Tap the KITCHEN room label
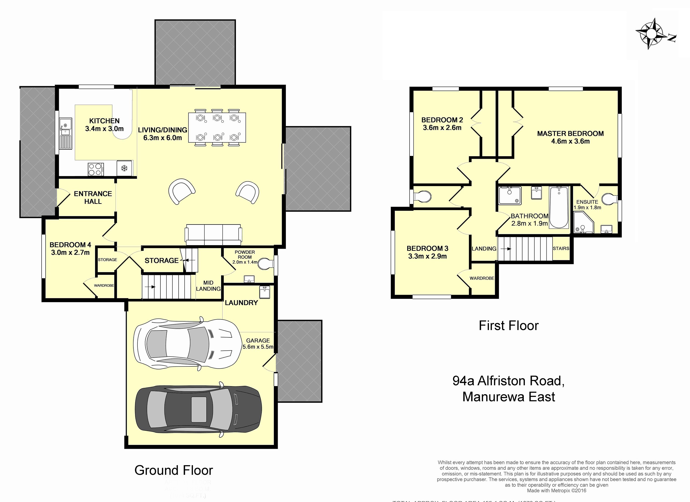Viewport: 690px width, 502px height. pyautogui.click(x=104, y=121)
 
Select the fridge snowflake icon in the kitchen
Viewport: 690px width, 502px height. pyautogui.click(x=124, y=168)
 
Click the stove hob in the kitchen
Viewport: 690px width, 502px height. pyautogui.click(x=95, y=169)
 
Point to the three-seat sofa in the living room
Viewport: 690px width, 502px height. pyautogui.click(x=214, y=235)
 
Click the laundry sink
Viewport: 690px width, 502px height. pyautogui.click(x=264, y=292)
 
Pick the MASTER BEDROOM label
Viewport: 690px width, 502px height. pyautogui.click(x=570, y=134)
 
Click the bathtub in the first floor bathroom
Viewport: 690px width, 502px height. pyautogui.click(x=559, y=207)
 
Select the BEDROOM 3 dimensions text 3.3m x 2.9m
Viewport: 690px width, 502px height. pyautogui.click(x=427, y=256)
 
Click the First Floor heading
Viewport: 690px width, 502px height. pyautogui.click(x=508, y=326)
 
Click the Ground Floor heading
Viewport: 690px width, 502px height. pyautogui.click(x=173, y=470)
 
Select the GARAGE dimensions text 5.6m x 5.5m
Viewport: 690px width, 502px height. pyautogui.click(x=258, y=347)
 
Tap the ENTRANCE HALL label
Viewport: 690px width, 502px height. pyautogui.click(x=93, y=197)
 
